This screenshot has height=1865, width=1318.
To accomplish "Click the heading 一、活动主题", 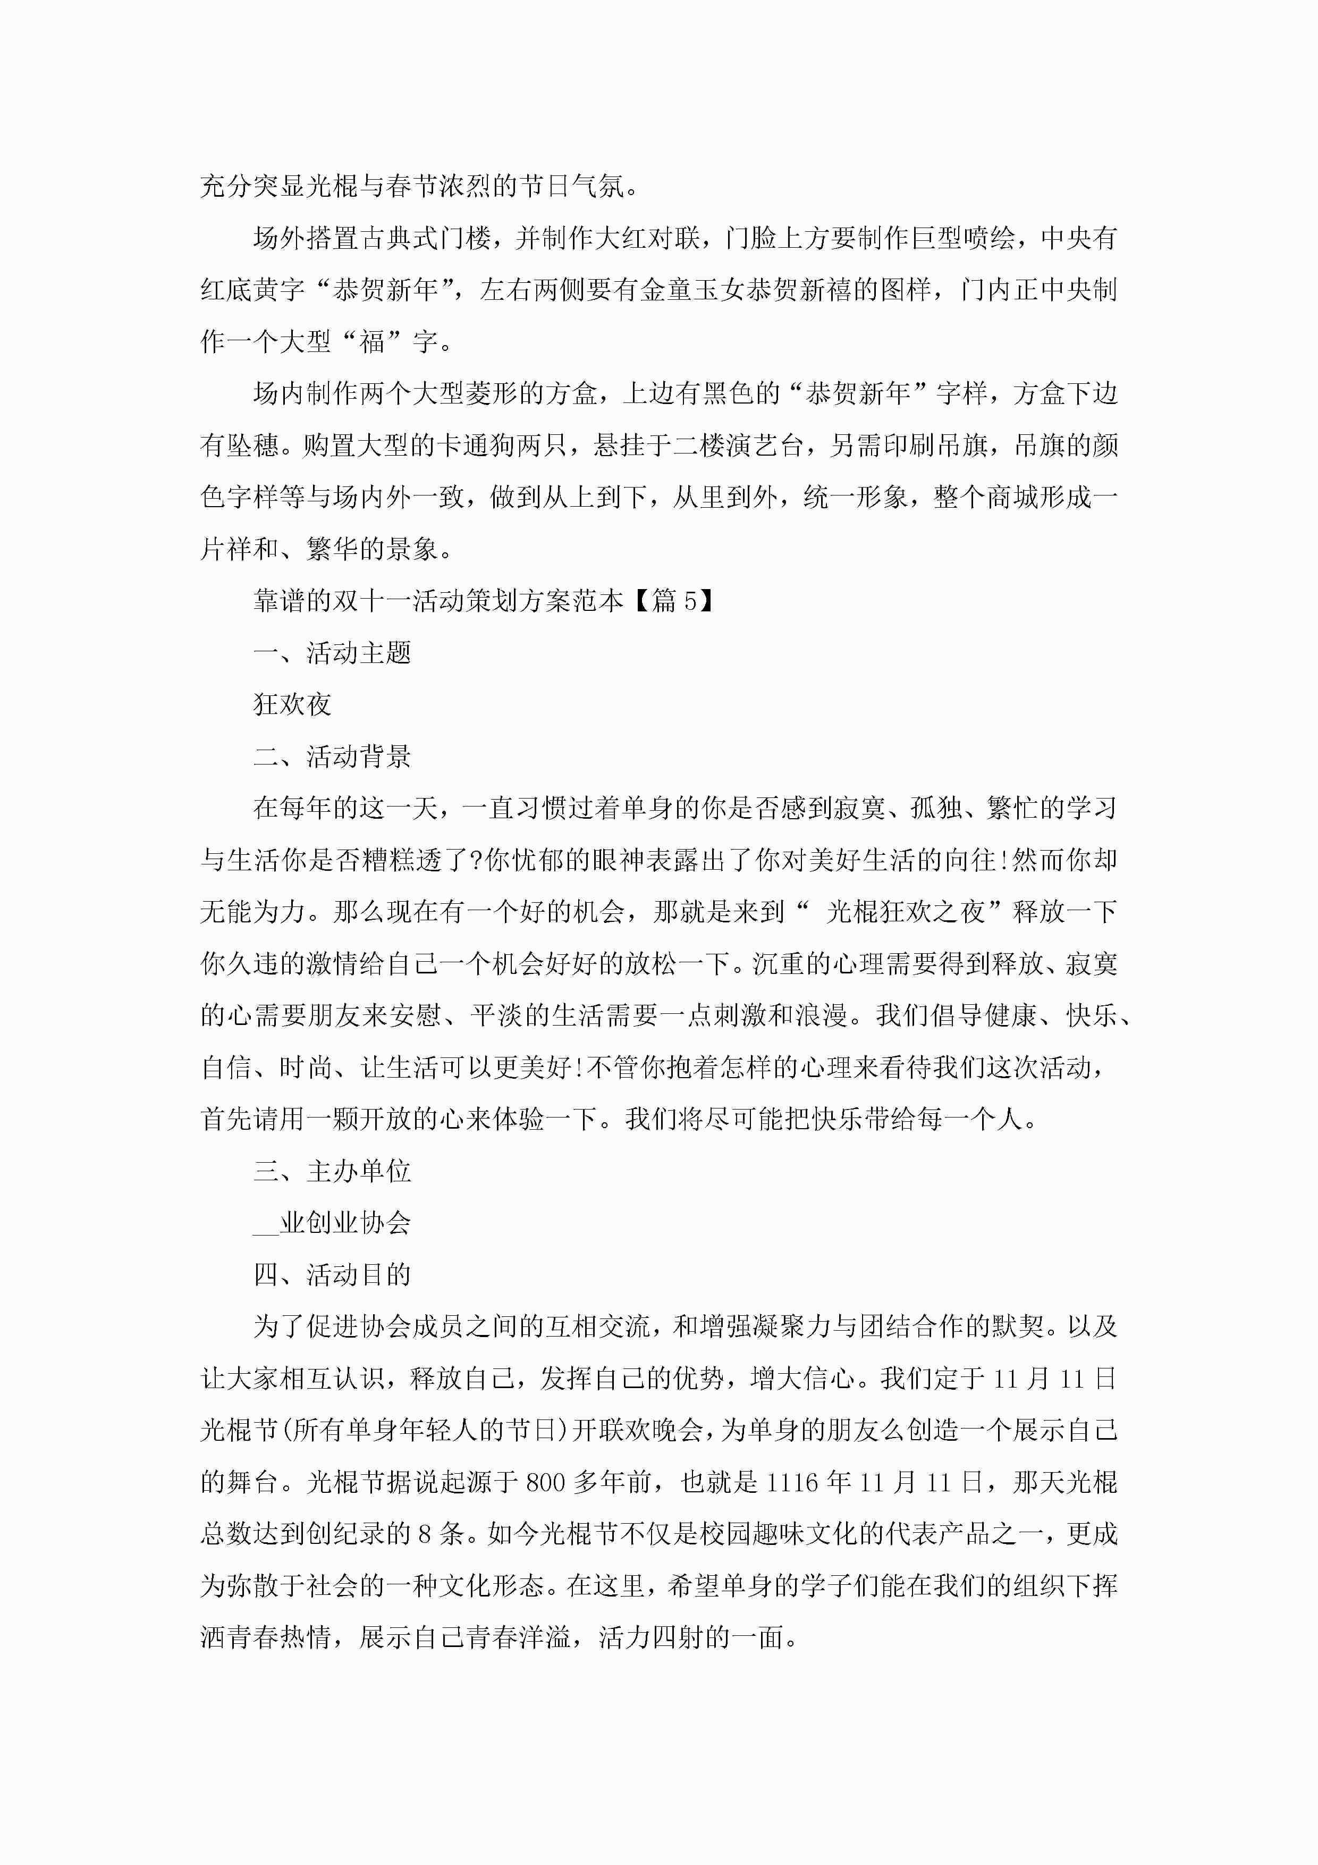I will click(332, 653).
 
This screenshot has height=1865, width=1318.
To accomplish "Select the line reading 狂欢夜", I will click(292, 705).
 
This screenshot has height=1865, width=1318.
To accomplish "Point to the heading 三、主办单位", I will click(332, 1171).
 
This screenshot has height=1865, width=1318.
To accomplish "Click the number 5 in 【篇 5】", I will click(690, 601).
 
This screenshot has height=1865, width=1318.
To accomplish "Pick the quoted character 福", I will click(372, 342).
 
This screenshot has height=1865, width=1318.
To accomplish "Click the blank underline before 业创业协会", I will click(266, 1223).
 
